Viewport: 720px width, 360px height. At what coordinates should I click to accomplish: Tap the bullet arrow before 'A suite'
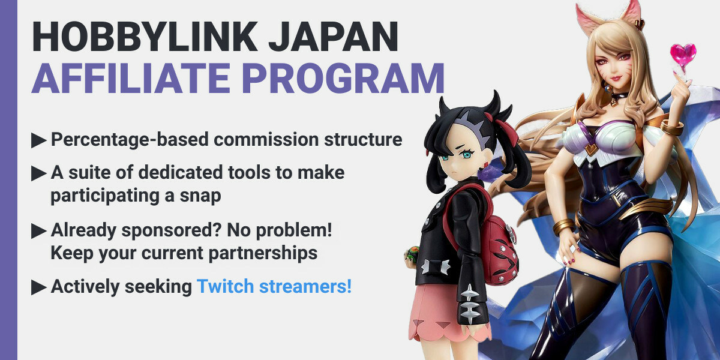[x=39, y=174]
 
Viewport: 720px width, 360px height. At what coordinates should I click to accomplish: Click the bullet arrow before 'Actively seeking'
[x=39, y=287]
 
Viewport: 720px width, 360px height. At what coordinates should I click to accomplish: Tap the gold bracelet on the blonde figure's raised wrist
[x=672, y=127]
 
